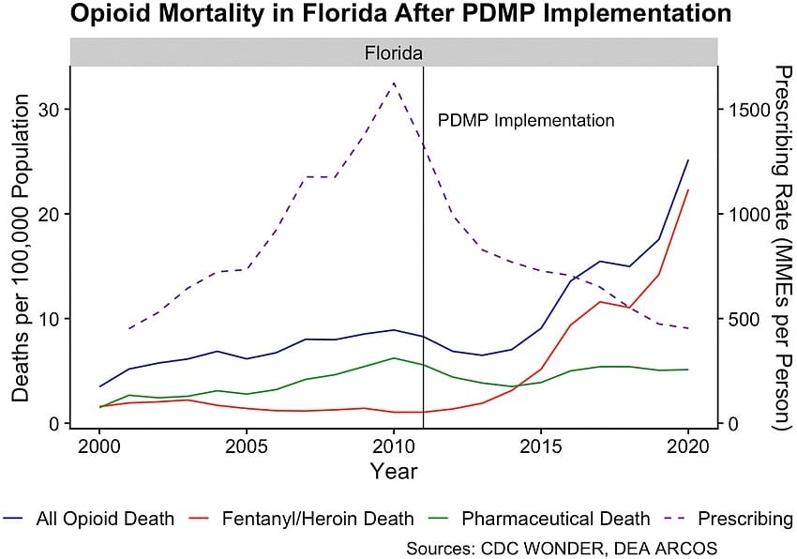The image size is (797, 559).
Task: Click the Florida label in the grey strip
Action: pos(394,53)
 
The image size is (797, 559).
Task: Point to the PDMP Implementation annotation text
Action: pos(526,121)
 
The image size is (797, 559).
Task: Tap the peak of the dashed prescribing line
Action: pos(394,83)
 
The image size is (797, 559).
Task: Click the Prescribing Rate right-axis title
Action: pos(778,247)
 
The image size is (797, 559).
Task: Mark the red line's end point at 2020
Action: pos(688,189)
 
